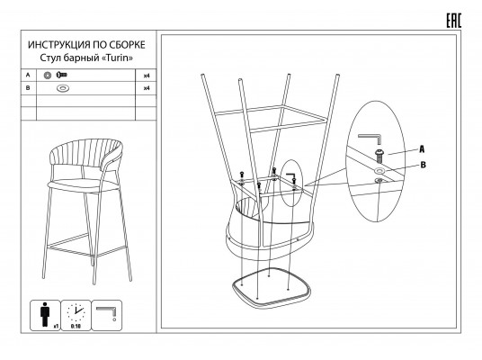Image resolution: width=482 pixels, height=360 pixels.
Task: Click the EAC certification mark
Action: pos(454,21)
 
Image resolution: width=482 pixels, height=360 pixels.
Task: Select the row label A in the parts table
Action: pos(28,75)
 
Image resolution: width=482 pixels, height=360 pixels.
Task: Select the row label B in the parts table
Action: pos(28,88)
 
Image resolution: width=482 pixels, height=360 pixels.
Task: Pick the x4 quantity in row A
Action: pos(147,76)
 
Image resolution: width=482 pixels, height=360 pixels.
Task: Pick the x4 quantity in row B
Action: pos(147,88)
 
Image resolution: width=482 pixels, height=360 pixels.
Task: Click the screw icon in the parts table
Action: pos(61,75)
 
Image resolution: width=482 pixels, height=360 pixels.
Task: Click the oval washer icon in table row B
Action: pos(63,88)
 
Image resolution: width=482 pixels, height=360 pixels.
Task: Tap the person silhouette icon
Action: pos(45,314)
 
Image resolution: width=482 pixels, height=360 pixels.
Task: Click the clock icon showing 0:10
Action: pos(76,313)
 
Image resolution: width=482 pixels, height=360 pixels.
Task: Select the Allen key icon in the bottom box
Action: pos(106,311)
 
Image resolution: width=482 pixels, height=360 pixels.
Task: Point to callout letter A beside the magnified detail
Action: pos(422,149)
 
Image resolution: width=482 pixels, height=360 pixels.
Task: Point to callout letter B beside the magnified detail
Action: pos(423,165)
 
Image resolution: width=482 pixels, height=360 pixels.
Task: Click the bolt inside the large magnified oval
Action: pos(379,156)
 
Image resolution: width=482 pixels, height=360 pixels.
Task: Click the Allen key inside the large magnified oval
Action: pos(370,137)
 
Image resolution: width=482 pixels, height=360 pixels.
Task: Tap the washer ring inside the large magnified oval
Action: pos(379,170)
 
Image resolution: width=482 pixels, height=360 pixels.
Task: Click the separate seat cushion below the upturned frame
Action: pos(272,287)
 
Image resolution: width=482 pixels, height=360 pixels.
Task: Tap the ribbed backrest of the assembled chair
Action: pos(86,151)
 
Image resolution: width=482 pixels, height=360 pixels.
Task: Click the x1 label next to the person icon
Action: pos(57,326)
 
